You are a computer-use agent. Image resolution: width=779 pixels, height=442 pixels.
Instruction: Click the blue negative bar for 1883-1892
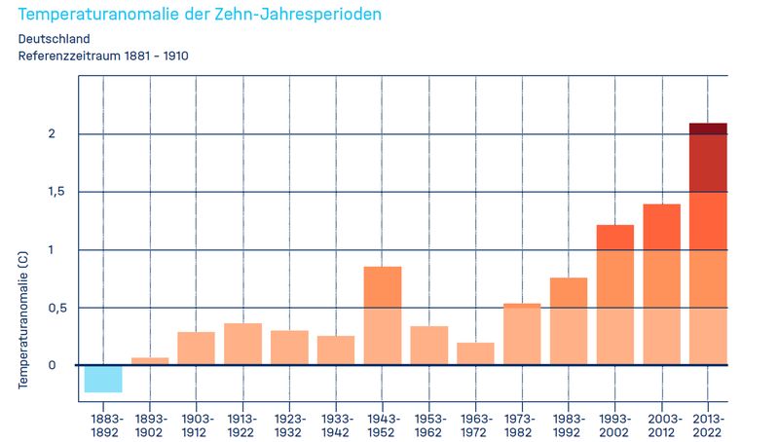[103, 379]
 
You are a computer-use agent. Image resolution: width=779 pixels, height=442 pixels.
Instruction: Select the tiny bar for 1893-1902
[150, 361]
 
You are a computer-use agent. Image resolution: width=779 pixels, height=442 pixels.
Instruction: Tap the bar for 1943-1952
[383, 315]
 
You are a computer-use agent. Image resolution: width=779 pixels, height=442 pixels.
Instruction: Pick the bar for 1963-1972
[476, 353]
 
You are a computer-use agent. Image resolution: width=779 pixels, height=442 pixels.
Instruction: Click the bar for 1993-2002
[615, 295]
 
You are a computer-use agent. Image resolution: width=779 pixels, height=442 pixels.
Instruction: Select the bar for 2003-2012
[662, 284]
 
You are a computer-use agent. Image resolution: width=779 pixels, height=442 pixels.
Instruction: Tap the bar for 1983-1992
[569, 321]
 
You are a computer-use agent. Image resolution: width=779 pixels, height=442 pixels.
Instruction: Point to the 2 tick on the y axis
[54, 134]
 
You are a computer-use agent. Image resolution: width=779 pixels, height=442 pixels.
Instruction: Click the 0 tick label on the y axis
[54, 365]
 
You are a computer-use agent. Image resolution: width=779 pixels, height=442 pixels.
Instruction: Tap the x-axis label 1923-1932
[289, 424]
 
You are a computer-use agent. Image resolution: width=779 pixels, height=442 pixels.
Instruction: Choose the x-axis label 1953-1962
[429, 424]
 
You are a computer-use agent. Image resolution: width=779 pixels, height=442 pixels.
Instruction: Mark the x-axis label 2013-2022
[708, 424]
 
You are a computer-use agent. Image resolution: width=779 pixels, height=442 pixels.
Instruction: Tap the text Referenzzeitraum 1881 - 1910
[103, 55]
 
